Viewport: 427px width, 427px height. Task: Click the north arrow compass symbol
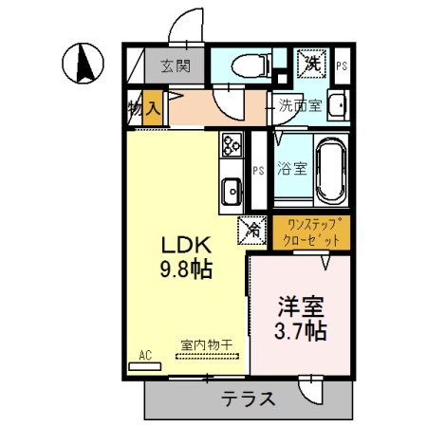tap(83, 63)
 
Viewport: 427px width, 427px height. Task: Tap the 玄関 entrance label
tap(176, 66)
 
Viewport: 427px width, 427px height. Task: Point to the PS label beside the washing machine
tap(342, 66)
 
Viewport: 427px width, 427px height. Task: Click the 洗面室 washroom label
tap(300, 105)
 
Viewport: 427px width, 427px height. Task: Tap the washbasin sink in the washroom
tap(338, 105)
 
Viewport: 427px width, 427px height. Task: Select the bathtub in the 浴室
tap(331, 170)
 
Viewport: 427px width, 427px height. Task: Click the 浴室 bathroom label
tap(292, 168)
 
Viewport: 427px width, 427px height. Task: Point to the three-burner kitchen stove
tap(232, 145)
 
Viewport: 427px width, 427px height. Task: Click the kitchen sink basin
tap(232, 191)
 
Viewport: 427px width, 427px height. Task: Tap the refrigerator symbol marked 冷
tap(252, 231)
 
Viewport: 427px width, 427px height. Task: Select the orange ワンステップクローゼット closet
tap(311, 232)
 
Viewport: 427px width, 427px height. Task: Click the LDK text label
tap(186, 245)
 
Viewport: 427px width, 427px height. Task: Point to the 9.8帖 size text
tap(186, 269)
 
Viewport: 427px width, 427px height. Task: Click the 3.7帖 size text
tap(300, 330)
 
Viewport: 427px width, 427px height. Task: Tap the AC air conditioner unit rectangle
tap(145, 366)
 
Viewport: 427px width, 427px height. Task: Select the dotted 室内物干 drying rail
tap(207, 356)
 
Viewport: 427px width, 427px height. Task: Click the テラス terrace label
tap(248, 399)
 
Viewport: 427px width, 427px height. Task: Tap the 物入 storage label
tap(144, 108)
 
